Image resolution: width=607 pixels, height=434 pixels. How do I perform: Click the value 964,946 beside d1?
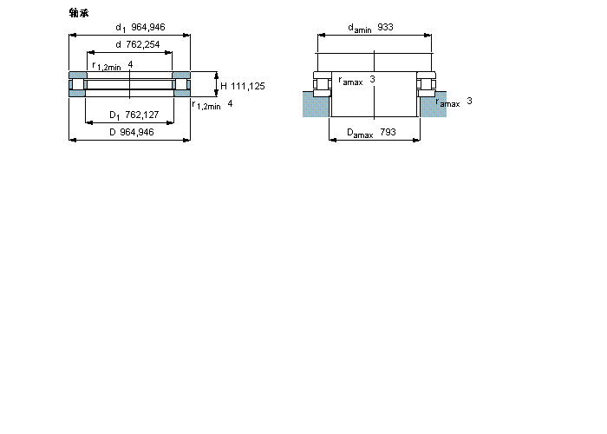[x=148, y=28]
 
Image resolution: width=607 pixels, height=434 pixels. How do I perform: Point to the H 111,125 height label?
[x=242, y=86]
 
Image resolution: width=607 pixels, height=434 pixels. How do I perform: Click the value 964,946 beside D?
[x=137, y=132]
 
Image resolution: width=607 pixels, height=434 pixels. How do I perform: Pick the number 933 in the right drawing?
[x=385, y=28]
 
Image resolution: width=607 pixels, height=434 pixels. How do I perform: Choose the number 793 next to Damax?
[x=388, y=133]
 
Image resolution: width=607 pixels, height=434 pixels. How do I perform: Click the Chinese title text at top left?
[x=78, y=12]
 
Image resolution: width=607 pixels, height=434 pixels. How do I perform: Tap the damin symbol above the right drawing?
[x=359, y=29]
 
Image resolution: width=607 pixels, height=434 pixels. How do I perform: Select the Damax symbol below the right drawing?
[x=360, y=134]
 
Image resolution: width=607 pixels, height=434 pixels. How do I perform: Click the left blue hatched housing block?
[x=315, y=103]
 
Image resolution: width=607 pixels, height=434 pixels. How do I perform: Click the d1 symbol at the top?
[x=121, y=29]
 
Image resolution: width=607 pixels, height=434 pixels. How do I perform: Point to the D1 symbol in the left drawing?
[x=114, y=115]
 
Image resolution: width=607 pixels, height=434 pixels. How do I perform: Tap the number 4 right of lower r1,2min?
[x=230, y=104]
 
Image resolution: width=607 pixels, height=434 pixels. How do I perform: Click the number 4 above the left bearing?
[x=130, y=65]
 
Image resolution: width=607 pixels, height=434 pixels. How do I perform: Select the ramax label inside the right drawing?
[x=350, y=81]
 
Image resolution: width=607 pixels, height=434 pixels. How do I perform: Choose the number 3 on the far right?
[x=469, y=102]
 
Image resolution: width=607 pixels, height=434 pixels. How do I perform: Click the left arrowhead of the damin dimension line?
[x=320, y=36]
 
